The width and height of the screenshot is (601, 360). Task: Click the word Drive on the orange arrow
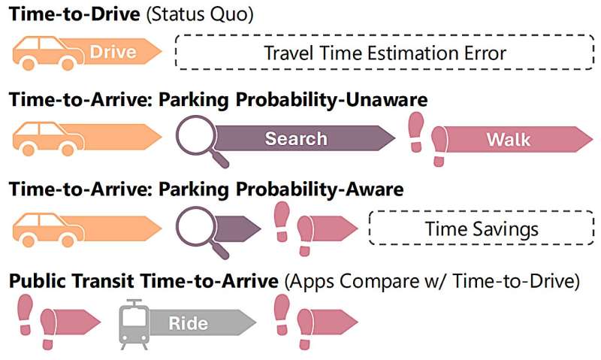pyautogui.click(x=113, y=52)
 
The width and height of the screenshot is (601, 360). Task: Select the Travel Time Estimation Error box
pyautogui.click(x=385, y=53)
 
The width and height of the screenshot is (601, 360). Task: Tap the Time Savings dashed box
pyautogui.click(x=482, y=228)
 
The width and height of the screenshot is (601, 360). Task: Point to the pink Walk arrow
pyautogui.click(x=518, y=139)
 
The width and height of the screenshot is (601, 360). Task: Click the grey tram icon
pyautogui.click(x=134, y=324)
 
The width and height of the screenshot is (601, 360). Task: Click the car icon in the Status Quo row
pyautogui.click(x=48, y=53)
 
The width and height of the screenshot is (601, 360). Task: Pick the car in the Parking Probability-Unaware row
pyautogui.click(x=48, y=139)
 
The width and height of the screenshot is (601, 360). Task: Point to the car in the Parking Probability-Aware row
pyautogui.click(x=48, y=230)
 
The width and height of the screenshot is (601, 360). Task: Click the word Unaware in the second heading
pyautogui.click(x=386, y=100)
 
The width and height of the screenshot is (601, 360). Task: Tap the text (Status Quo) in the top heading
pyautogui.click(x=200, y=14)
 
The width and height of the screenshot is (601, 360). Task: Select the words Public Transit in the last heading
pyautogui.click(x=71, y=280)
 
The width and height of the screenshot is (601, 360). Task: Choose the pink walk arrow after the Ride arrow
pyautogui.click(x=334, y=322)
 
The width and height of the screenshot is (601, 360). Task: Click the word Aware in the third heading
pyautogui.click(x=374, y=189)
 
